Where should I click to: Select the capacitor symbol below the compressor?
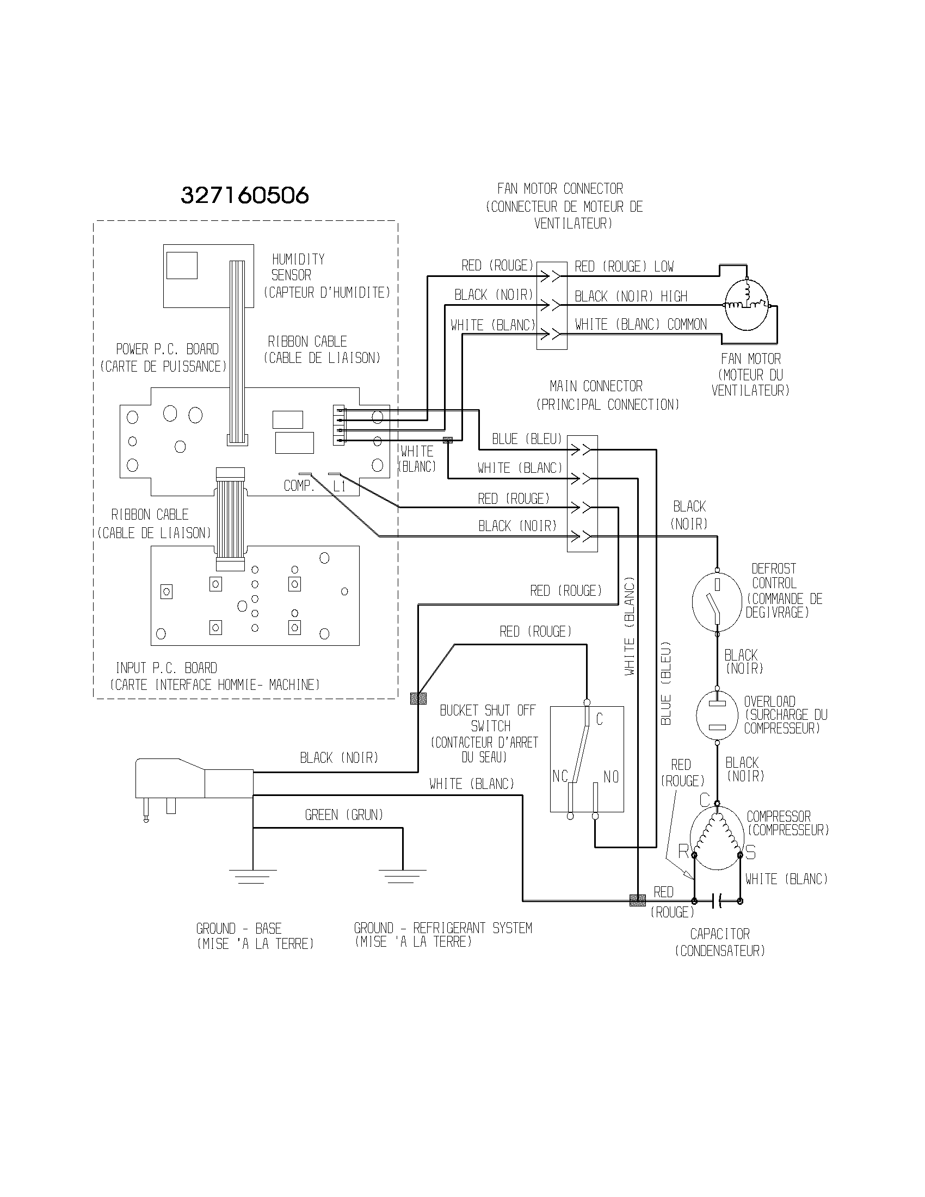pos(717,900)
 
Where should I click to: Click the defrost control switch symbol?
pos(717,601)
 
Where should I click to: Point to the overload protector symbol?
pos(717,714)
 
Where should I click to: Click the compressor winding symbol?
pos(717,840)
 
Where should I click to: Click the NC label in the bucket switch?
pos(560,776)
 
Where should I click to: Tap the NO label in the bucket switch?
pos(611,776)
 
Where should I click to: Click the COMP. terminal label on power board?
pos(299,486)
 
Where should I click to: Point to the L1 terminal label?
pos(339,486)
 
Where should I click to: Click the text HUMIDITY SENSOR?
pos(298,267)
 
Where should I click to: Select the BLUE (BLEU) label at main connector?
pos(527,439)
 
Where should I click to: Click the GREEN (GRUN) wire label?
pos(343,815)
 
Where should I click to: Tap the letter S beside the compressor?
pos(750,853)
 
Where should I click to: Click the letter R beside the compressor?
pos(683,852)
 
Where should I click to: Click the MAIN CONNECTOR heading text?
pos(596,386)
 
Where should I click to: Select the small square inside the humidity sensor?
pos(182,266)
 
